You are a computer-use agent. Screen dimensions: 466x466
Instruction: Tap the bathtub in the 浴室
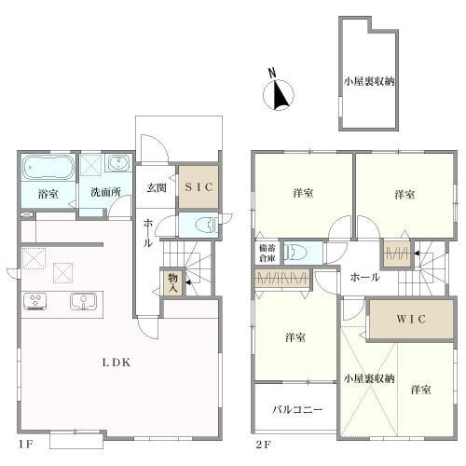point(48,168)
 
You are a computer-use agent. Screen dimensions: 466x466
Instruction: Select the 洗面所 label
point(105,192)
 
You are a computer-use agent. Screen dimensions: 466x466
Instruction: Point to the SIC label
point(199,187)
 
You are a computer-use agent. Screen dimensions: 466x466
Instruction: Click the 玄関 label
point(157,187)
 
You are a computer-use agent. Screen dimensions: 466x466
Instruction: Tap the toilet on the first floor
point(207,225)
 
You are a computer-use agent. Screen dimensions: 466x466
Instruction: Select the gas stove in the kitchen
point(34,301)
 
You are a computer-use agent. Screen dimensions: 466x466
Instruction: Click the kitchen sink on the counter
point(83,301)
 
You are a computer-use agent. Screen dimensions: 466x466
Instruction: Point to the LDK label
point(116,363)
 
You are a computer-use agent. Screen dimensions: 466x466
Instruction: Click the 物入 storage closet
point(172,282)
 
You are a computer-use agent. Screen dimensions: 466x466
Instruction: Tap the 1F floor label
point(26,445)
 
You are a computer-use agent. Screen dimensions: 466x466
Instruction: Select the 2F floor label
point(263,445)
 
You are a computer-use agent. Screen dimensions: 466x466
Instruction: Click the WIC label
point(411,319)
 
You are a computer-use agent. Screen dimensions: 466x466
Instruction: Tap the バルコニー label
point(297,409)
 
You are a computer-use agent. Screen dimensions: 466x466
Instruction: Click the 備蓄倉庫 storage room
point(267,253)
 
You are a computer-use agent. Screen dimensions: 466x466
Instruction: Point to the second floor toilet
point(295,252)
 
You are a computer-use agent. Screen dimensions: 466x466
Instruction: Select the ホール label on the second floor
point(364,277)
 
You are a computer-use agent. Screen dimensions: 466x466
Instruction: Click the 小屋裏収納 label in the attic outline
point(369,81)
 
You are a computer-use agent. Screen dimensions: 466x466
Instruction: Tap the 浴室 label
point(48,194)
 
